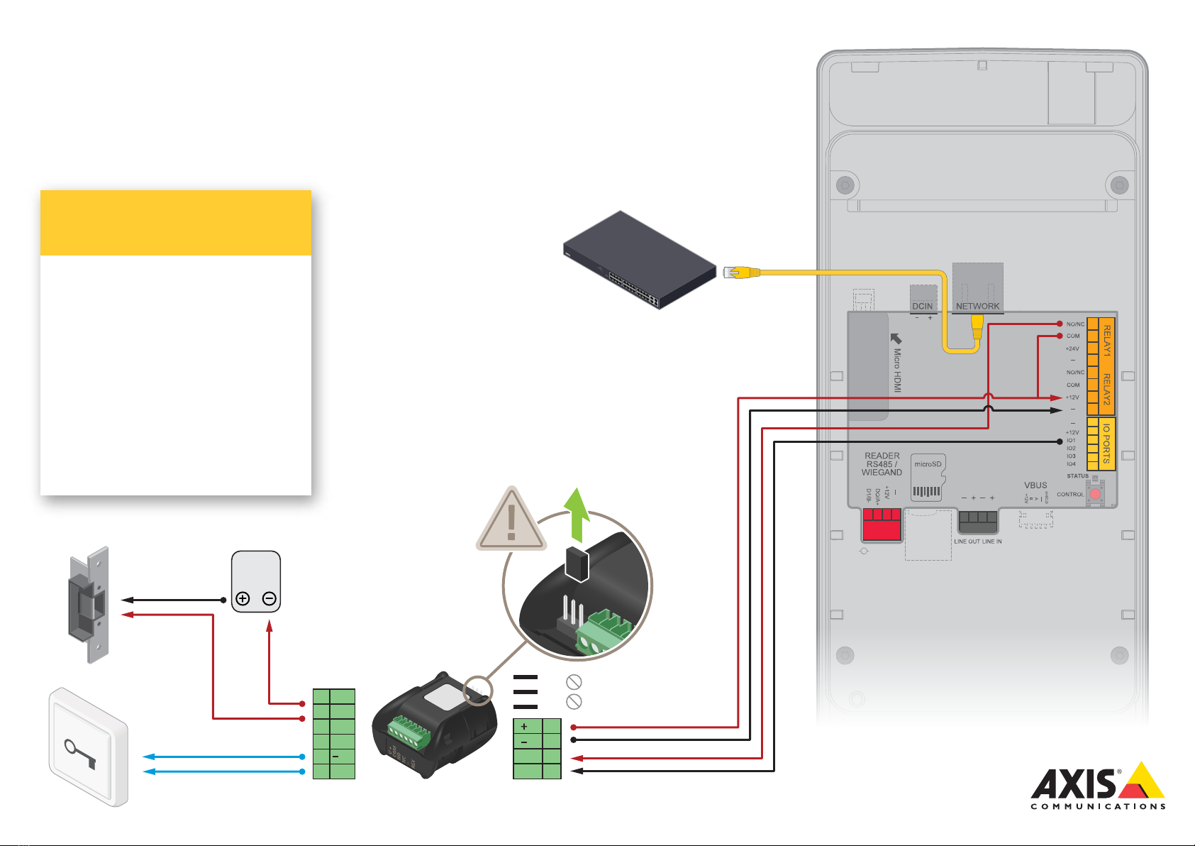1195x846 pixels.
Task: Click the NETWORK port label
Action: [977, 307]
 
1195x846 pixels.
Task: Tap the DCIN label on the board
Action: [923, 307]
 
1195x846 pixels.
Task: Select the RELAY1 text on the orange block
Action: [1106, 341]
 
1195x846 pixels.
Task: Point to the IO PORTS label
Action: [1106, 444]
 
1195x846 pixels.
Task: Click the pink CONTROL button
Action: [1096, 494]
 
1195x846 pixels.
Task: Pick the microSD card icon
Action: [927, 478]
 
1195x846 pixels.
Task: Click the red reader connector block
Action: [882, 525]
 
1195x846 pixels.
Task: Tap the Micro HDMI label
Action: [897, 370]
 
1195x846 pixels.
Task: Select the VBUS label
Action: [1035, 485]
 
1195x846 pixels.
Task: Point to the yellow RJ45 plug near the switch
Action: [742, 272]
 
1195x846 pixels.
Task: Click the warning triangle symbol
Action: [511, 520]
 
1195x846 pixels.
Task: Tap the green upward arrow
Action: [577, 515]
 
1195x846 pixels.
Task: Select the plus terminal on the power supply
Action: [243, 598]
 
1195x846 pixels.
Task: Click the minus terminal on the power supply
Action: [269, 598]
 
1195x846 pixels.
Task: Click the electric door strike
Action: [89, 605]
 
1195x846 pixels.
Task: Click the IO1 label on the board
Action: [1071, 441]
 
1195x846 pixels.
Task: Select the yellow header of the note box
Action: [176, 223]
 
